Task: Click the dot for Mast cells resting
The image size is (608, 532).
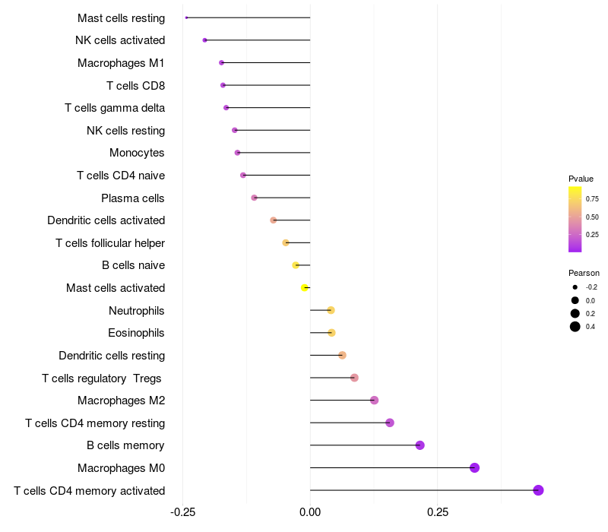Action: coord(186,17)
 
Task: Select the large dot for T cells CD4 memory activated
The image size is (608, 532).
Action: coord(538,490)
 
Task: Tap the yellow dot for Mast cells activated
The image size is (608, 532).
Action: coord(305,288)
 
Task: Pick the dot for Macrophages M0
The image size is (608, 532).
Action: coord(474,467)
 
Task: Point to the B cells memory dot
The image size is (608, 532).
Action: coord(420,445)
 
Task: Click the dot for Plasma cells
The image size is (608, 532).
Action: coord(254,198)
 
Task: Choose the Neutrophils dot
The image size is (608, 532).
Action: coord(331,310)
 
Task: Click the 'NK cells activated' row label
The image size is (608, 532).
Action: coord(120,40)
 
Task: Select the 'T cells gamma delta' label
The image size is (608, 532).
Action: coord(115,108)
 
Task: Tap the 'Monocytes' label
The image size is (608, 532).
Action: coord(137,153)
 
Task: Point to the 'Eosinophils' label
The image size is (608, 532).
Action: coord(136,333)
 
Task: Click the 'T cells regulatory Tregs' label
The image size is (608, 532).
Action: coord(103,378)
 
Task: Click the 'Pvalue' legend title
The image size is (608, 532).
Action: coord(581,179)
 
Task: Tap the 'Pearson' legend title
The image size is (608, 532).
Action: coord(584,273)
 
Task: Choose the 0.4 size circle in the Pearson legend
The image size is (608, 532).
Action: coord(575,327)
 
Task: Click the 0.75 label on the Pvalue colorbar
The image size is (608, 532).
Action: coord(591,199)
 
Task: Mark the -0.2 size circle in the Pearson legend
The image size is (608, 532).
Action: coord(575,287)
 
